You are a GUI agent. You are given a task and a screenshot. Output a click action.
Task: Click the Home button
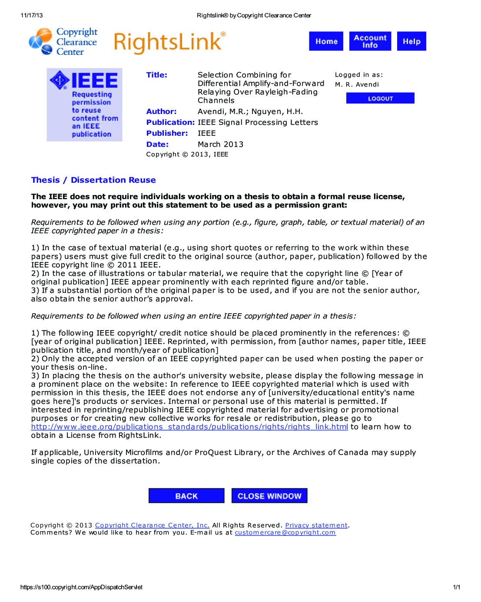pos(326,41)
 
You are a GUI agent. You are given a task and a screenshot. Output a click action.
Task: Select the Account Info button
pos(370,41)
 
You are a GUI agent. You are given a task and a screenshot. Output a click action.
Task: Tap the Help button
pos(411,41)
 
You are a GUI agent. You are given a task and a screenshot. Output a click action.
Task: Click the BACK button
pos(186,496)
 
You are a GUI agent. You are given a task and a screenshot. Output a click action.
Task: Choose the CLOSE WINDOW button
pos(269,496)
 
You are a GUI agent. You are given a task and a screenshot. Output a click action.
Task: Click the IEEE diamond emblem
pos(60,80)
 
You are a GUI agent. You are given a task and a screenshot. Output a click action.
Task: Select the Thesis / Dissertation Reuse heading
pos(93,180)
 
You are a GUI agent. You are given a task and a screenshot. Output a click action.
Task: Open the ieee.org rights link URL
pos(189,427)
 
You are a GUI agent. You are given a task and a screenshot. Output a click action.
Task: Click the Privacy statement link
pos(316,525)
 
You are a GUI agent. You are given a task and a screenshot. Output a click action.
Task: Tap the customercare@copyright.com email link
pos(285,532)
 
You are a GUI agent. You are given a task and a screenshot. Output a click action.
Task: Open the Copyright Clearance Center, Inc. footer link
pos(152,525)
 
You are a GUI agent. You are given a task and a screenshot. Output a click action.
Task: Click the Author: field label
pos(161,111)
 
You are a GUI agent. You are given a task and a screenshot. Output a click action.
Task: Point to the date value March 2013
pos(220,144)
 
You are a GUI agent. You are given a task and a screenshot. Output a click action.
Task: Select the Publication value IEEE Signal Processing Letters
pos(258,123)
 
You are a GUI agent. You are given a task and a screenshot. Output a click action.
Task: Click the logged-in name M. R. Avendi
pos(357,84)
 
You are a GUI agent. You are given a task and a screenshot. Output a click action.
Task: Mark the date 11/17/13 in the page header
pos(32,15)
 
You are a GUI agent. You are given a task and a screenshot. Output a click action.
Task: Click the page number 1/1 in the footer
pos(456,587)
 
